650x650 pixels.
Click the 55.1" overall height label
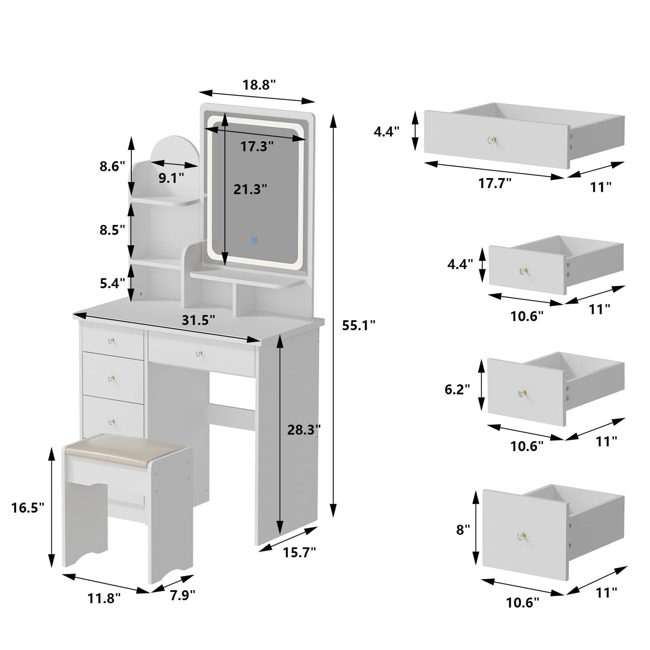(359, 326)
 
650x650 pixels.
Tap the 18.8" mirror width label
(259, 85)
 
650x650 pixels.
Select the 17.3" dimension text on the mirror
(257, 146)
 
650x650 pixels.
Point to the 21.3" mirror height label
(250, 189)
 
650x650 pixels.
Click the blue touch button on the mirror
(254, 240)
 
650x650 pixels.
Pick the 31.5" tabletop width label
(198, 320)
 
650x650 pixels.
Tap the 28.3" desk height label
(304, 430)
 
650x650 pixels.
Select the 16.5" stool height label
(28, 508)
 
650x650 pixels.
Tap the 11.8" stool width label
(104, 598)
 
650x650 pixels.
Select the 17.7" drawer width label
(495, 183)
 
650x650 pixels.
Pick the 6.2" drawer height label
(457, 389)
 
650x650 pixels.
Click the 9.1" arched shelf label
(171, 178)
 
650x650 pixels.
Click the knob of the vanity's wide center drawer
(198, 354)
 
